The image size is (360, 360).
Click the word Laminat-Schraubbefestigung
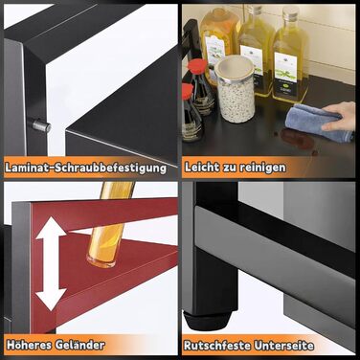tap(85, 169)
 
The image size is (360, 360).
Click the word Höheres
tap(29, 345)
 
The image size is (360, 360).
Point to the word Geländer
tap(79, 345)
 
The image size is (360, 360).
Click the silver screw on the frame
tap(41, 125)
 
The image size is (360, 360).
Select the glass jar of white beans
tap(236, 90)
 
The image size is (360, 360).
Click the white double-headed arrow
tap(51, 263)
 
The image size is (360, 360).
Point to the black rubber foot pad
tap(207, 319)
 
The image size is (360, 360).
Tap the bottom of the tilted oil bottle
tap(101, 259)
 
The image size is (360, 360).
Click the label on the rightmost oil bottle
tap(286, 73)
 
